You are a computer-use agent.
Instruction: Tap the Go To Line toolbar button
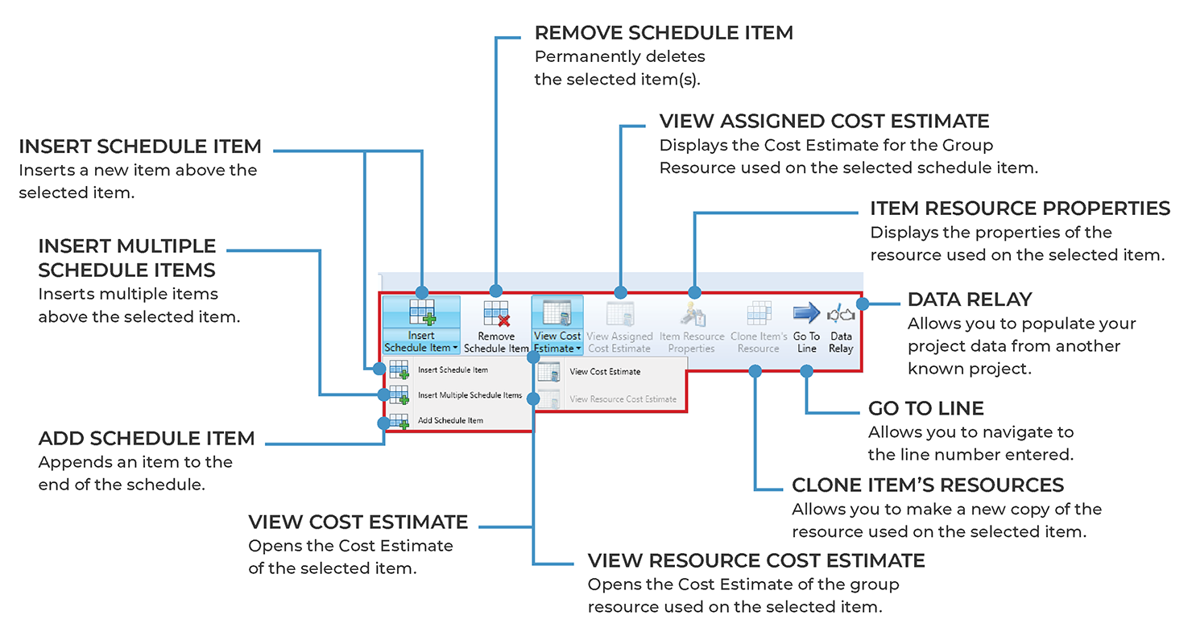[806, 328]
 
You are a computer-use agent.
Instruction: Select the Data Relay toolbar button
[841, 328]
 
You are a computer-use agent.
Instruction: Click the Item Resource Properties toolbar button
[692, 328]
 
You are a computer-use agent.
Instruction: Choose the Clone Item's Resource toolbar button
[759, 328]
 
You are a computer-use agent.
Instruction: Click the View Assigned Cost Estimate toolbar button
[619, 328]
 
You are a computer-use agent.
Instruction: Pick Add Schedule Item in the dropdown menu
[450, 420]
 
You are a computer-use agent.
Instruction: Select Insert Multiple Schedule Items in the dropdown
[470, 395]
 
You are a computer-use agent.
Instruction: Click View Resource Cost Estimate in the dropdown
[623, 398]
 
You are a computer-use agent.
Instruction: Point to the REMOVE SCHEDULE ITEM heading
[664, 33]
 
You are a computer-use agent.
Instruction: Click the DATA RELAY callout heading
[969, 299]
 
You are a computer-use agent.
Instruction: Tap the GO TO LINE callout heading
[925, 408]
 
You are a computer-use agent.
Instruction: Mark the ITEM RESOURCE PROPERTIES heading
[1020, 209]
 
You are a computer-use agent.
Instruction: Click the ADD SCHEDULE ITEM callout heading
[147, 439]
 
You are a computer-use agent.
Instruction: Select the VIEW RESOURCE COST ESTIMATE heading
[756, 560]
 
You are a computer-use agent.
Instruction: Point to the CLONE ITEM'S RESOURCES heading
[928, 485]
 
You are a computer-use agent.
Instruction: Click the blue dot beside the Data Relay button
[862, 303]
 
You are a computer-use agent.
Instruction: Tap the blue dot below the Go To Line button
[806, 370]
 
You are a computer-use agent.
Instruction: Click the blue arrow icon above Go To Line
[805, 312]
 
